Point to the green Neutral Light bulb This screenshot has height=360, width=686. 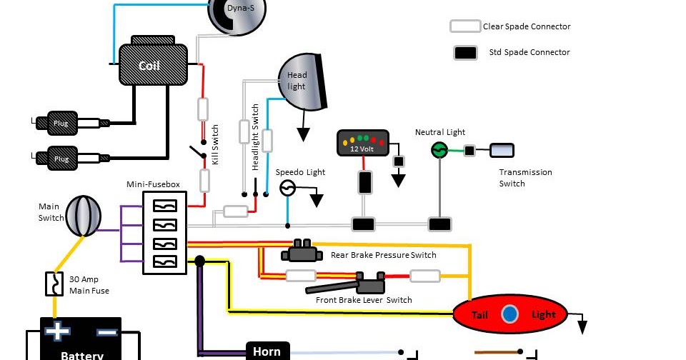click(x=439, y=150)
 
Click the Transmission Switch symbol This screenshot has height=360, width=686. click(x=502, y=150)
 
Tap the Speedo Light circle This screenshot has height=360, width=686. click(x=287, y=189)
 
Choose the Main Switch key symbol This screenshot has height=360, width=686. click(x=84, y=216)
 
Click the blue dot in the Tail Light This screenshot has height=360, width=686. click(x=509, y=314)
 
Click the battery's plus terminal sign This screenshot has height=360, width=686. click(x=56, y=332)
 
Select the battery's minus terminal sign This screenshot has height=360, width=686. click(x=106, y=332)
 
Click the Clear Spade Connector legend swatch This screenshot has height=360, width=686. click(x=464, y=26)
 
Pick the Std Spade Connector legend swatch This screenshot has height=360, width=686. click(x=465, y=52)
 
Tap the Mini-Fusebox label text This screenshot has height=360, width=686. click(x=153, y=184)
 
